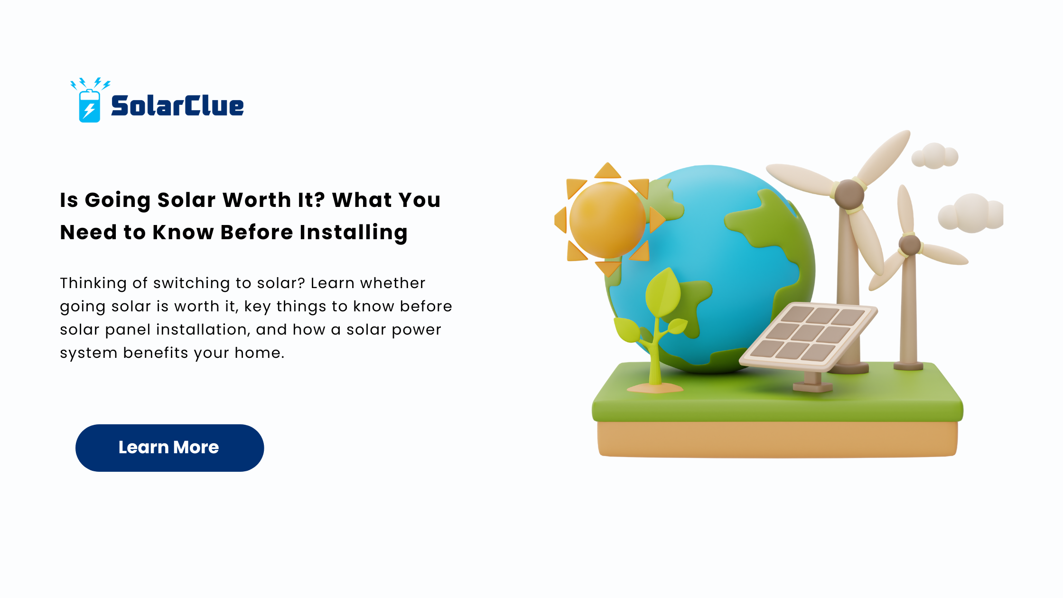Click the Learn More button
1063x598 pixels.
coord(169,448)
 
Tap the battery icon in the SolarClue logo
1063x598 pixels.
coord(89,106)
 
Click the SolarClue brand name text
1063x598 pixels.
coord(177,105)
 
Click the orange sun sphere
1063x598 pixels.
coord(607,220)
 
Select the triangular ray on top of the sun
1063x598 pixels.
coord(607,171)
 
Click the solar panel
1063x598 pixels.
coord(809,336)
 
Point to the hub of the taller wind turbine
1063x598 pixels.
coord(849,194)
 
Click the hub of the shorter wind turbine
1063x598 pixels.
coord(910,245)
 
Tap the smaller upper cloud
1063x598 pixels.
coord(935,156)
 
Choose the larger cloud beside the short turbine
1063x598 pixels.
coord(971,213)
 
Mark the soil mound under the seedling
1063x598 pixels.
coord(655,388)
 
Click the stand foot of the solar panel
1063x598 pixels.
coord(813,387)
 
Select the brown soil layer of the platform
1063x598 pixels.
coord(777,439)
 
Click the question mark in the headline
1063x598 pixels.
coord(319,200)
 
